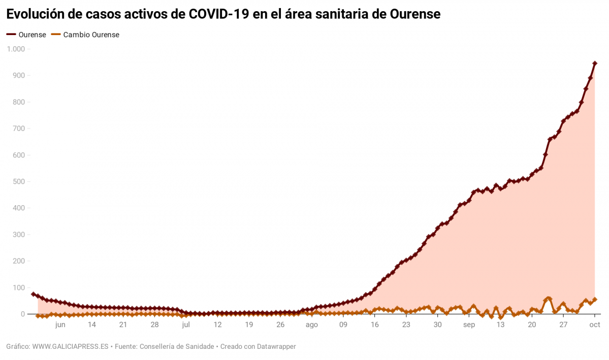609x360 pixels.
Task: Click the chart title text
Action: [x=223, y=14]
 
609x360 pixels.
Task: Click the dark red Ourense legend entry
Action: [x=26, y=35]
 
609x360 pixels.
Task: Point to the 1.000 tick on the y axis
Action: [x=16, y=49]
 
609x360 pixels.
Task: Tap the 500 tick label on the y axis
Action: [x=19, y=182]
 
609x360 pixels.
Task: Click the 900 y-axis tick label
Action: [x=19, y=76]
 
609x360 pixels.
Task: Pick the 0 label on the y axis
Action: [x=23, y=314]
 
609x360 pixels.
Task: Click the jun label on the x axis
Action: [x=60, y=325]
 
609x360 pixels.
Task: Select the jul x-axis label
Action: [x=186, y=325]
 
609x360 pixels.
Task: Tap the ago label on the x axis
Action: [x=311, y=325]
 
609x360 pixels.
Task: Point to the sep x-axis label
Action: [x=469, y=325]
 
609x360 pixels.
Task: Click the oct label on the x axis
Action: [x=595, y=325]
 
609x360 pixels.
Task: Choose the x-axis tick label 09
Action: [x=343, y=325]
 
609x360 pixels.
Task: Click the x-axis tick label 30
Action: [x=437, y=325]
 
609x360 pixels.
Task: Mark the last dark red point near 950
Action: [x=595, y=63]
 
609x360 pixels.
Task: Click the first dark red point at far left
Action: [x=34, y=294]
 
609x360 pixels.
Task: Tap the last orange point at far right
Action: [x=595, y=300]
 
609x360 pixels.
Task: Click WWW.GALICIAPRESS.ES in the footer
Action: [x=71, y=347]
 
